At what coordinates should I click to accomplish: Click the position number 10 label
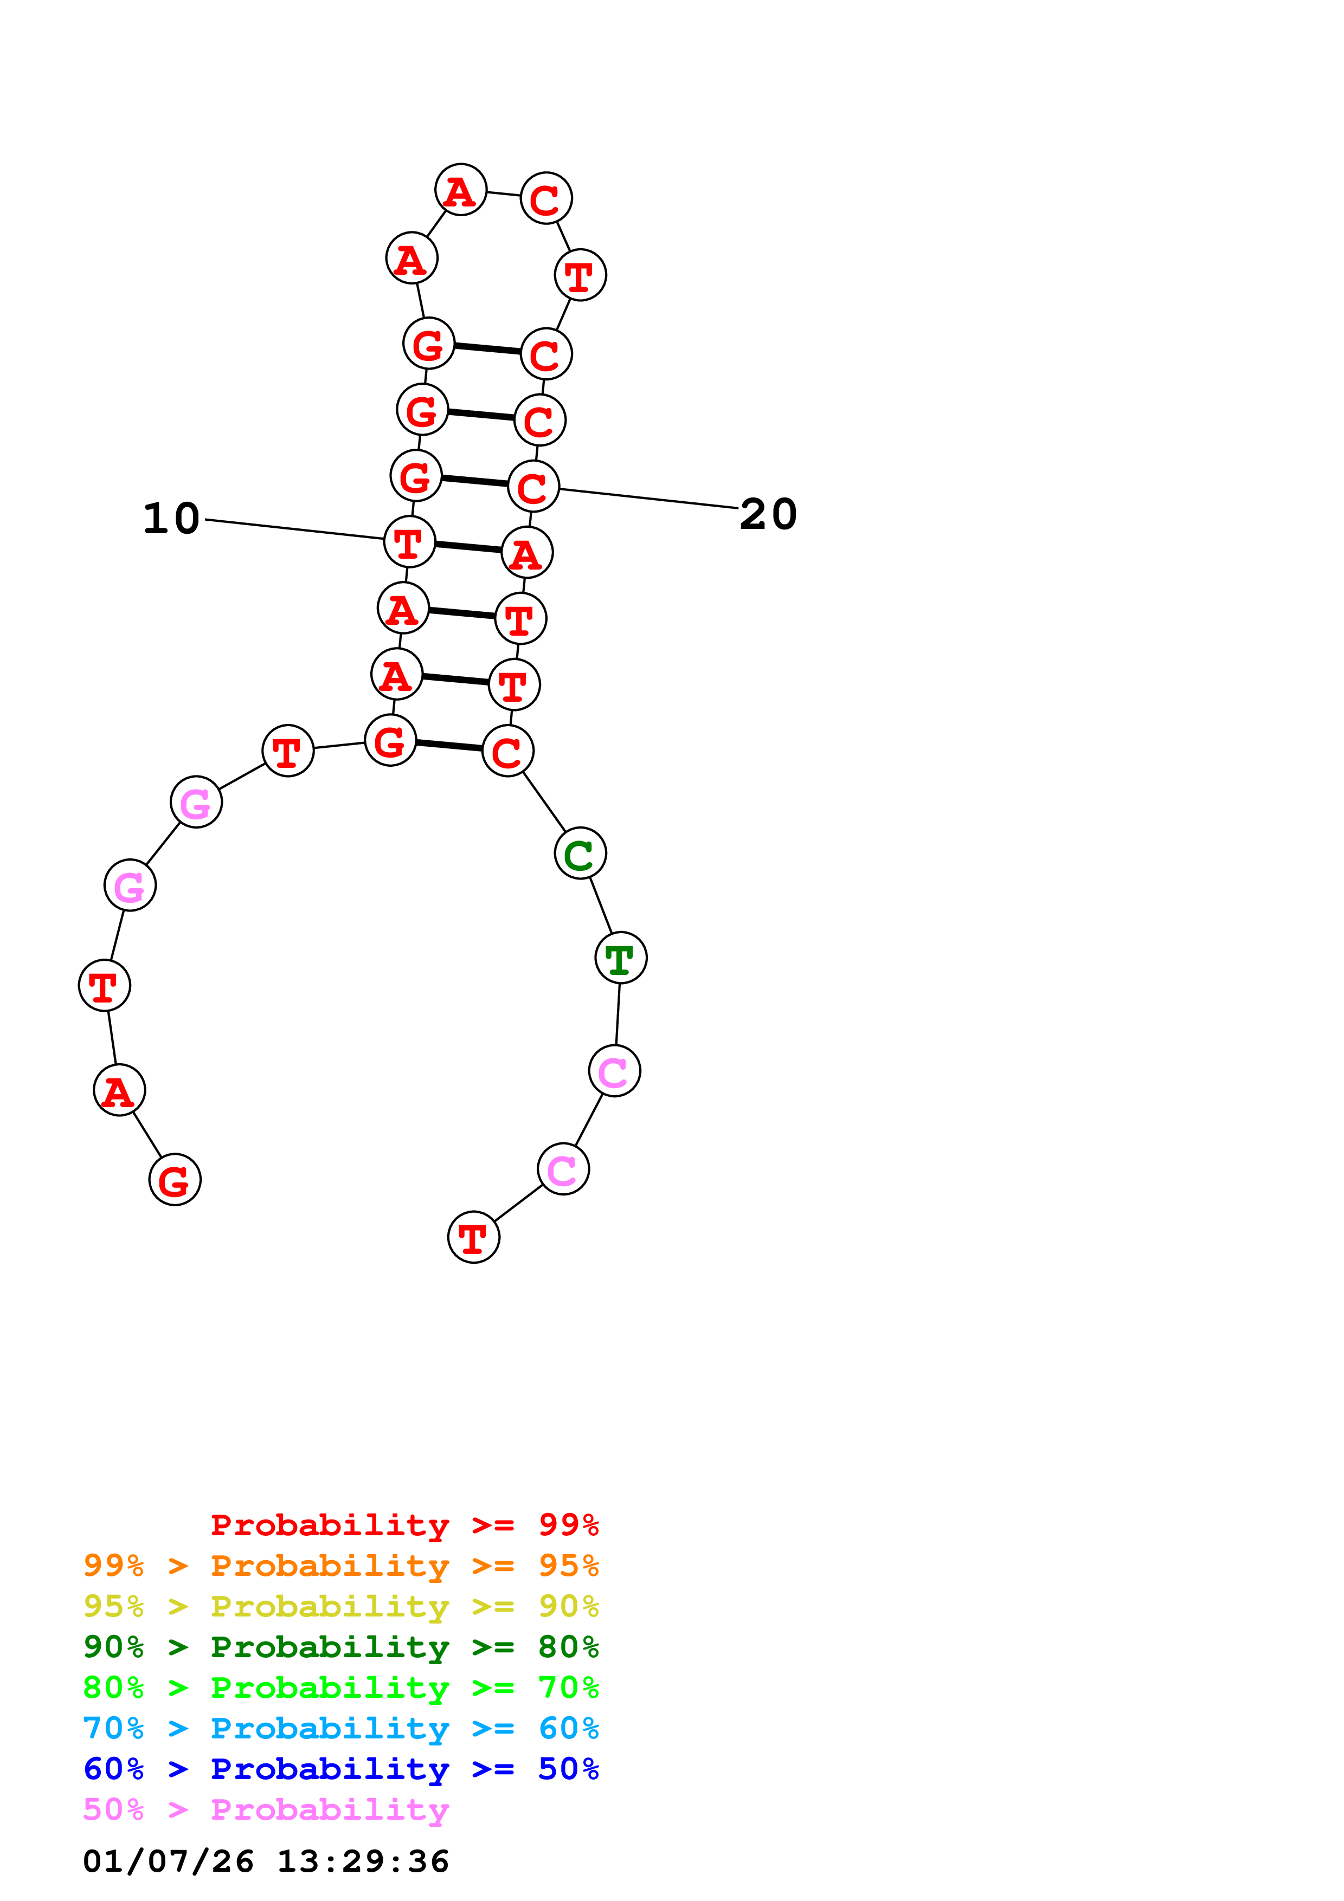[x=171, y=519]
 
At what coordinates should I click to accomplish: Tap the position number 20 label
[x=768, y=514]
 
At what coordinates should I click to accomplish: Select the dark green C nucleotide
[x=580, y=853]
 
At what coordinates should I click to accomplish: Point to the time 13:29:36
[x=363, y=1862]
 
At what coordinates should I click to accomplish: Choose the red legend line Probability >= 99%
[x=404, y=1525]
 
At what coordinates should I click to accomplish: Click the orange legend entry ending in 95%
[x=341, y=1566]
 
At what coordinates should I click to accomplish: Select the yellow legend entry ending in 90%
[x=341, y=1606]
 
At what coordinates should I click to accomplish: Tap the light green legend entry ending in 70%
[x=341, y=1687]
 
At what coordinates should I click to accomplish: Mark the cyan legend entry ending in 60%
[x=341, y=1728]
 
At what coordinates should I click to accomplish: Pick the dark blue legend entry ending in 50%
[x=341, y=1769]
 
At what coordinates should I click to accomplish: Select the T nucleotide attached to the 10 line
[x=409, y=542]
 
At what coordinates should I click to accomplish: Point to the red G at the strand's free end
[x=175, y=1179]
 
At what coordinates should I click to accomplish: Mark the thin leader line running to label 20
[x=648, y=499]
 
